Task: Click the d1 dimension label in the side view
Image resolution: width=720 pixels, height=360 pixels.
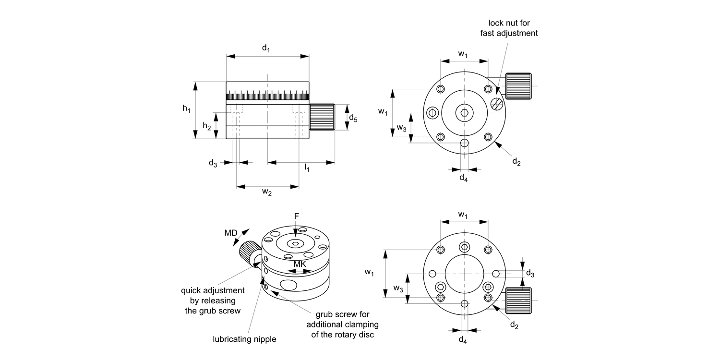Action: coord(265,48)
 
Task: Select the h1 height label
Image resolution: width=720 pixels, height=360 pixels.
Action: coord(187,109)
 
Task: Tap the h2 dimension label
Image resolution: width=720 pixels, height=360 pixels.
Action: coord(206,126)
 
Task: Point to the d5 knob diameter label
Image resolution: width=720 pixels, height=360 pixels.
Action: coord(353,118)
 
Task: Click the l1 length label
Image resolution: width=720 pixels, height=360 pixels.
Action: coord(307,168)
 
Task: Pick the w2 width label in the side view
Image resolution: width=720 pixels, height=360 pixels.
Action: coord(267,192)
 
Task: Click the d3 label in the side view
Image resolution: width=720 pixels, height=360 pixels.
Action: coord(213,164)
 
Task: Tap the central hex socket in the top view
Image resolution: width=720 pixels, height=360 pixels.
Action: coord(464,113)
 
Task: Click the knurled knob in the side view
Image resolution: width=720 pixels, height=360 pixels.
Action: coord(322,117)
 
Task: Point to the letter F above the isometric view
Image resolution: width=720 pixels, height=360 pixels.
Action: coord(296,217)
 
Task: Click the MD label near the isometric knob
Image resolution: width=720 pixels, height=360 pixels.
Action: coord(231,233)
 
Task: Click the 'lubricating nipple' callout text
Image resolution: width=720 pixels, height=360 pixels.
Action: coord(244,339)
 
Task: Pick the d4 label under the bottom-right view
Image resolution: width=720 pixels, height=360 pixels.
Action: coord(463,340)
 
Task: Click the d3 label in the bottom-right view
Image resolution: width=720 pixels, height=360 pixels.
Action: coord(530,273)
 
